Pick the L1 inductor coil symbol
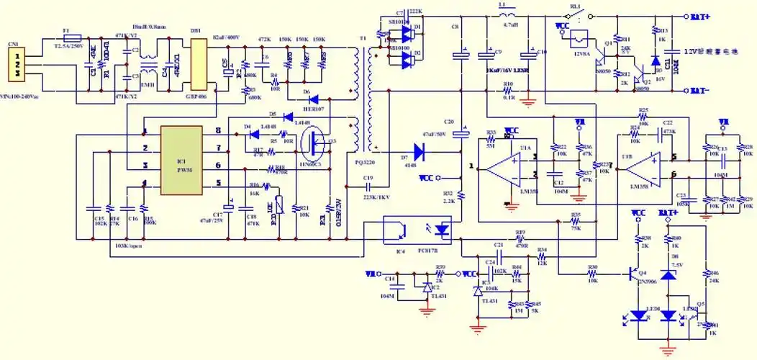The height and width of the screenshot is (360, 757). (x=507, y=16)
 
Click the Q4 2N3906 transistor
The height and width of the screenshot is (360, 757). (x=633, y=274)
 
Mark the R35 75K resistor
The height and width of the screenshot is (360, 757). (x=574, y=222)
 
